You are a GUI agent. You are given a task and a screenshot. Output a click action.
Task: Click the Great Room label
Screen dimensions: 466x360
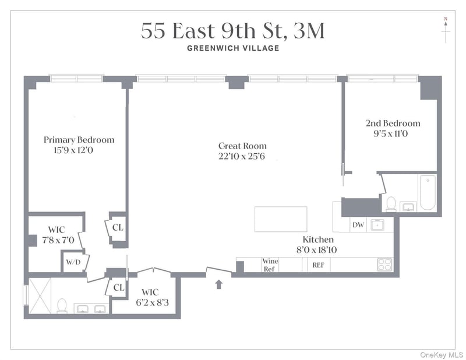pyautogui.click(x=242, y=146)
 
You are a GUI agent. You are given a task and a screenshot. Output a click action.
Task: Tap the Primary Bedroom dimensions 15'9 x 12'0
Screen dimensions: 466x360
pyautogui.click(x=73, y=150)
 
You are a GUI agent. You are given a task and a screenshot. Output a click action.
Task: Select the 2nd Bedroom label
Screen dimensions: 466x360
pyautogui.click(x=393, y=123)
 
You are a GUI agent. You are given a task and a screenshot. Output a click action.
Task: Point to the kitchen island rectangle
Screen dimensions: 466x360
pyautogui.click(x=281, y=219)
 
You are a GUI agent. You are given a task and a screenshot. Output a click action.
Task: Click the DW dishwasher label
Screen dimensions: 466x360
pyautogui.click(x=358, y=225)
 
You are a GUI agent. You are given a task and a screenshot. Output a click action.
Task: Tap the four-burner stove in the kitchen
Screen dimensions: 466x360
pyautogui.click(x=384, y=264)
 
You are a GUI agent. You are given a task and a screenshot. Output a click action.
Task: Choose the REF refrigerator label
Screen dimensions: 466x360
pyautogui.click(x=318, y=265)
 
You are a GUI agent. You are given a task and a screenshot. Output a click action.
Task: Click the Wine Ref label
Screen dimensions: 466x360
pyautogui.click(x=270, y=265)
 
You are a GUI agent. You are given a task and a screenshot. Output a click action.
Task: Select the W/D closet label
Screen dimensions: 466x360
pyautogui.click(x=73, y=262)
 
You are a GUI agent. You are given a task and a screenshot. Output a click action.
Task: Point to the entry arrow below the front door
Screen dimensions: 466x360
pyautogui.click(x=219, y=284)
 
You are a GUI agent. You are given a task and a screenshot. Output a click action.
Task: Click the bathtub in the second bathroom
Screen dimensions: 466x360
pyautogui.click(x=428, y=193)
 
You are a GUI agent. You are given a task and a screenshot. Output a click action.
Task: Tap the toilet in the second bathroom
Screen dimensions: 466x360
pyautogui.click(x=391, y=204)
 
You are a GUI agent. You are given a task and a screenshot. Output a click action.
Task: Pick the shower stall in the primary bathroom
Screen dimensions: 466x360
pyautogui.click(x=40, y=295)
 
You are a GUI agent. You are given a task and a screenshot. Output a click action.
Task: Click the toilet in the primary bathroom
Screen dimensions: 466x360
pyautogui.click(x=62, y=306)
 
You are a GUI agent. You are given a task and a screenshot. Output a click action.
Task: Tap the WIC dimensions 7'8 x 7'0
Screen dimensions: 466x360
pyautogui.click(x=58, y=240)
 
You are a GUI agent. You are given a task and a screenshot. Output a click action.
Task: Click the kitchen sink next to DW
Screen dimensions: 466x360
pyautogui.click(x=377, y=225)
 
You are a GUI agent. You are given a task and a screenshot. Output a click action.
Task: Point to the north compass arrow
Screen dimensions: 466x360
pyautogui.click(x=446, y=30)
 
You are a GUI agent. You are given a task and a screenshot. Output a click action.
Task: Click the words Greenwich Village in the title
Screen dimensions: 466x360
pyautogui.click(x=234, y=48)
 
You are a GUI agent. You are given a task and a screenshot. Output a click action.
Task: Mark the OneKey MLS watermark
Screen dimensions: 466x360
pyautogui.click(x=442, y=355)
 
